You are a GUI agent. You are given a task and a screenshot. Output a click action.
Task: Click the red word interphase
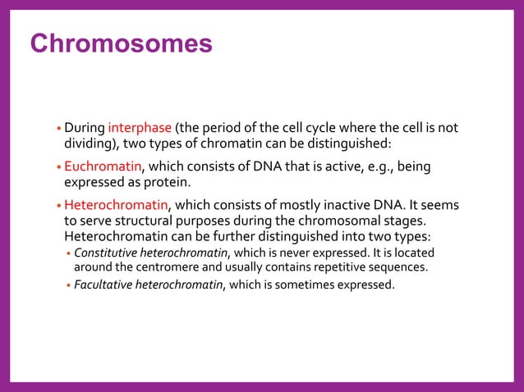(x=140, y=128)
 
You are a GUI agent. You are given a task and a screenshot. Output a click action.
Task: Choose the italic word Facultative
(x=105, y=285)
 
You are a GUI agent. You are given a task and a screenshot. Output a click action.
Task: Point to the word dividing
(x=89, y=144)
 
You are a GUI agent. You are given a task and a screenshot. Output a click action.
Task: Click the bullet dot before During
(x=58, y=130)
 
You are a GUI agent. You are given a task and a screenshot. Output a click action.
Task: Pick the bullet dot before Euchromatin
(x=58, y=169)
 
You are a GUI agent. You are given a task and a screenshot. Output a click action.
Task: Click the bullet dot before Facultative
(x=69, y=286)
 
